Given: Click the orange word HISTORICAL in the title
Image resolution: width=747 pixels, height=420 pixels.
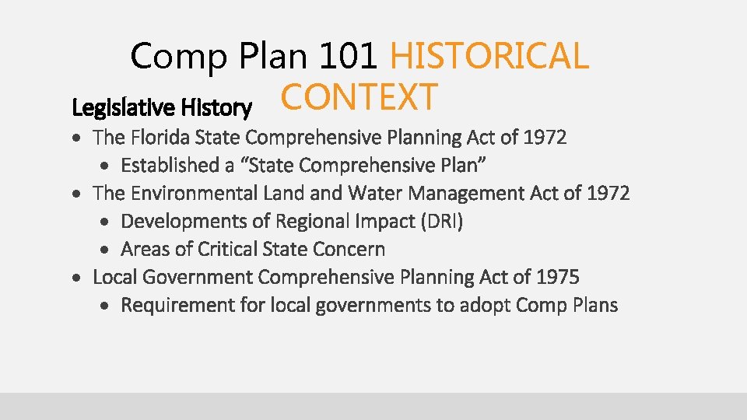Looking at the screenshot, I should click(x=489, y=56).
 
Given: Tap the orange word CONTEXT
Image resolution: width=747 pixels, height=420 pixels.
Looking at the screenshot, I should click(x=359, y=97).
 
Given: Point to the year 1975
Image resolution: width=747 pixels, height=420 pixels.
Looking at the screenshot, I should click(x=558, y=277).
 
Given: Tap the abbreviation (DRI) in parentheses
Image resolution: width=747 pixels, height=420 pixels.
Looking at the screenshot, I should click(x=441, y=222).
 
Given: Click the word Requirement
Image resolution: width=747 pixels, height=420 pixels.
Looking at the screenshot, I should click(x=177, y=306).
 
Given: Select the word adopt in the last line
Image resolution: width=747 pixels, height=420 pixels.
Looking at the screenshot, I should click(x=482, y=306).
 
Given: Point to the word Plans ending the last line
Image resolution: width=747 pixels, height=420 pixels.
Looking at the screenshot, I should click(x=594, y=306).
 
